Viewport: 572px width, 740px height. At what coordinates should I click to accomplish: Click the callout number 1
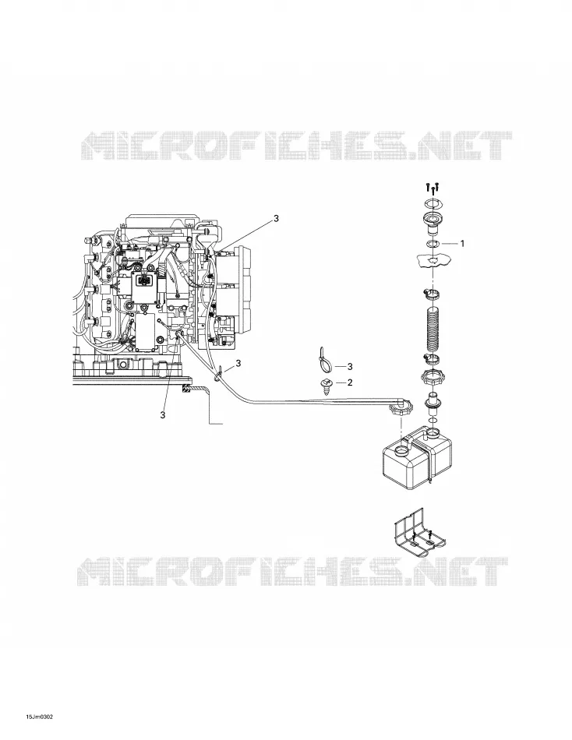click(462, 244)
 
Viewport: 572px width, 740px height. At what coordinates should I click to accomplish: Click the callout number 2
click(350, 382)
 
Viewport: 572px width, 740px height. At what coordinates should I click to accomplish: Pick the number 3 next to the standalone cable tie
click(350, 366)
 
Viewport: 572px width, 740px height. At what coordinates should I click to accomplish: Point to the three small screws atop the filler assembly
click(433, 188)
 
